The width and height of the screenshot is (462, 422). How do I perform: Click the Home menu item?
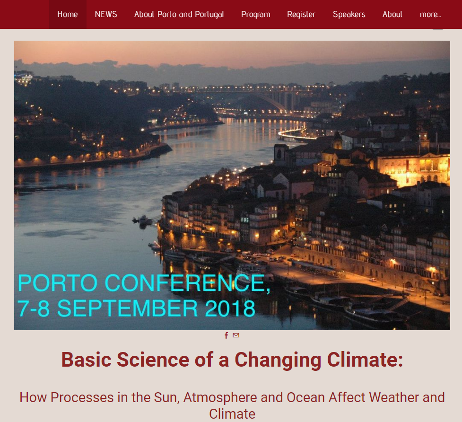click(x=68, y=15)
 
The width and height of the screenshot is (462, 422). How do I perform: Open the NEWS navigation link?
click(x=106, y=15)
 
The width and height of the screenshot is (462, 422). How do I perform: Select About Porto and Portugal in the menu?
click(x=179, y=15)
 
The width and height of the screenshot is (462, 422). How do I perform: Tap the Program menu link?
click(x=255, y=15)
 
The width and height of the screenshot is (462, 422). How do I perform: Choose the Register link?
click(x=301, y=15)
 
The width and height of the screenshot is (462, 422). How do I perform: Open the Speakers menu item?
click(x=349, y=15)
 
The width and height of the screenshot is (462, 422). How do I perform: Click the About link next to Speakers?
click(x=392, y=15)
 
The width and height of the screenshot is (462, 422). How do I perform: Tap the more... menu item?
click(x=430, y=15)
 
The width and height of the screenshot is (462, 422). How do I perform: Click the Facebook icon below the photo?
click(x=227, y=335)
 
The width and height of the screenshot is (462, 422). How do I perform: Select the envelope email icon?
click(x=236, y=335)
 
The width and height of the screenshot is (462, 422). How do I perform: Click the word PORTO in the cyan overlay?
click(x=58, y=283)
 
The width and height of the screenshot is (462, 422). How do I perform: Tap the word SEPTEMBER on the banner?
click(x=128, y=308)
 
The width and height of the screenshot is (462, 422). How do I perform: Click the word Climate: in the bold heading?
click(x=365, y=360)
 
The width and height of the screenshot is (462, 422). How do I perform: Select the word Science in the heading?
click(x=153, y=360)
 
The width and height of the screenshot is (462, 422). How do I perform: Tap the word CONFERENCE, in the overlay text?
click(x=188, y=283)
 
